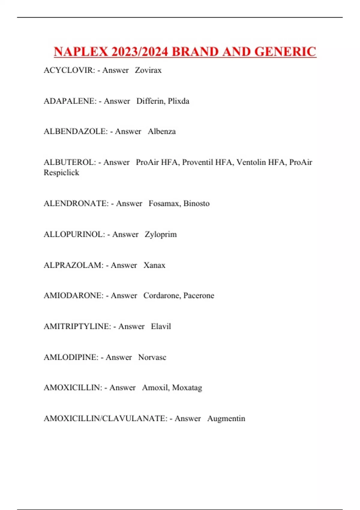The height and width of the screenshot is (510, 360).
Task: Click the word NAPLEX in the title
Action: tap(81, 52)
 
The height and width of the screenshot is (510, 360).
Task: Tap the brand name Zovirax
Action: tap(148, 70)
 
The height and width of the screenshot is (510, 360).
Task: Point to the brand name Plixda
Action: tap(178, 101)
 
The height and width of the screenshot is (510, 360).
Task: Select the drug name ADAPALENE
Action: tap(70, 101)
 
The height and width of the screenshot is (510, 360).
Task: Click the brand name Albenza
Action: tap(162, 131)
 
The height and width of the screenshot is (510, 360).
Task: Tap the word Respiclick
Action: tap(61, 173)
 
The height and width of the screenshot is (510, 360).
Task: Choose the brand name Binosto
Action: tap(196, 203)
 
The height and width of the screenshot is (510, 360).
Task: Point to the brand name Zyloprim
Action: tap(161, 235)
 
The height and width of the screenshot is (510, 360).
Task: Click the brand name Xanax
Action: tap(154, 265)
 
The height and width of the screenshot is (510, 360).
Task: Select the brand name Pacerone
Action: tap(199, 295)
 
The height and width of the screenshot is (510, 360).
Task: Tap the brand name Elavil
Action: tap(161, 326)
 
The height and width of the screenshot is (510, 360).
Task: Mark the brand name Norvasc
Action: tap(152, 357)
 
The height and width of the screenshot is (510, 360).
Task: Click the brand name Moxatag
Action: tap(187, 388)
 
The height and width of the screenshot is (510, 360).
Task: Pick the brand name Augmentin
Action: tap(226, 418)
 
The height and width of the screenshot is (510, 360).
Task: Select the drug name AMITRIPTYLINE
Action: tap(77, 326)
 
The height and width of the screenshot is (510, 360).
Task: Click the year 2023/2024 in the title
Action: tap(139, 52)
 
